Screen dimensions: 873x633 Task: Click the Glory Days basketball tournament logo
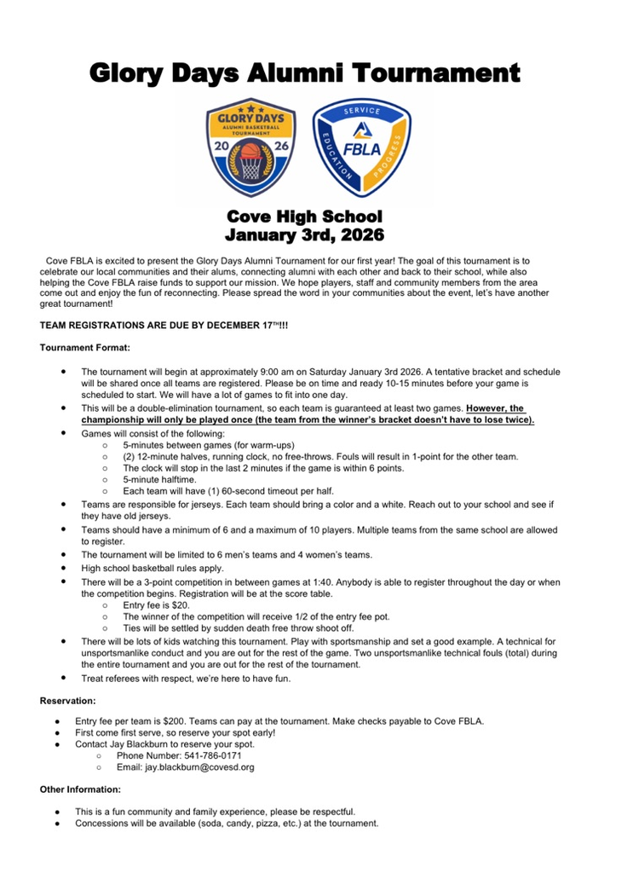(250, 147)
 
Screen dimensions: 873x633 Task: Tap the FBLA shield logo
(362, 146)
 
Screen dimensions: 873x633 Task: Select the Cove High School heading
(304, 217)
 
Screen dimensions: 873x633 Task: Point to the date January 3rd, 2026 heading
(304, 234)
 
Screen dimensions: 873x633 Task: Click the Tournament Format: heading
(85, 347)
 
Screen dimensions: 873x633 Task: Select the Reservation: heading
(69, 701)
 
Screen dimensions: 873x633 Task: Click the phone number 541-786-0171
(204, 755)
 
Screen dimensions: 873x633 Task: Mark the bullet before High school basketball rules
(64, 567)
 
